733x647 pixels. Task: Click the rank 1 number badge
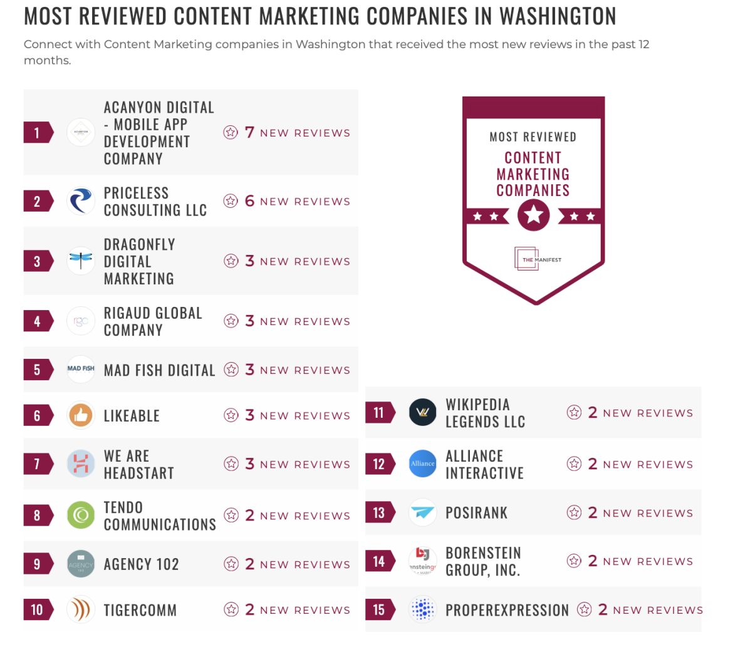click(x=37, y=132)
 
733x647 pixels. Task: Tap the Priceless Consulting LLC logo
click(x=81, y=201)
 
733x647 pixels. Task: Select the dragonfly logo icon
click(x=81, y=261)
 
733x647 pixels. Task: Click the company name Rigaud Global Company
click(x=153, y=321)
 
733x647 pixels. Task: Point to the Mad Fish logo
click(x=81, y=369)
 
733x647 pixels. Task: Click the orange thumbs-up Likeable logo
click(x=81, y=415)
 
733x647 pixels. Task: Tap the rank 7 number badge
click(x=37, y=464)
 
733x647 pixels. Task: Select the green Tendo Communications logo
click(x=81, y=515)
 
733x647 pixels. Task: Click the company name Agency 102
click(x=142, y=564)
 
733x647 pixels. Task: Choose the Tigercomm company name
click(x=140, y=610)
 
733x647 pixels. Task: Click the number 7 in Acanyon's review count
click(x=249, y=132)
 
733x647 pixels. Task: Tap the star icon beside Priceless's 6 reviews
click(x=231, y=201)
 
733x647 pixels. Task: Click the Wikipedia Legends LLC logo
click(x=423, y=413)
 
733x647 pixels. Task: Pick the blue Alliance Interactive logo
click(x=423, y=464)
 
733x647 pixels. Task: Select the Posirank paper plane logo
click(x=423, y=513)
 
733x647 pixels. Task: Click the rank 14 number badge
click(x=379, y=561)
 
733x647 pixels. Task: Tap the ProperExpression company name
click(x=507, y=610)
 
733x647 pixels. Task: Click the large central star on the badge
click(x=534, y=216)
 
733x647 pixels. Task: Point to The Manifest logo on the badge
click(x=534, y=259)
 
